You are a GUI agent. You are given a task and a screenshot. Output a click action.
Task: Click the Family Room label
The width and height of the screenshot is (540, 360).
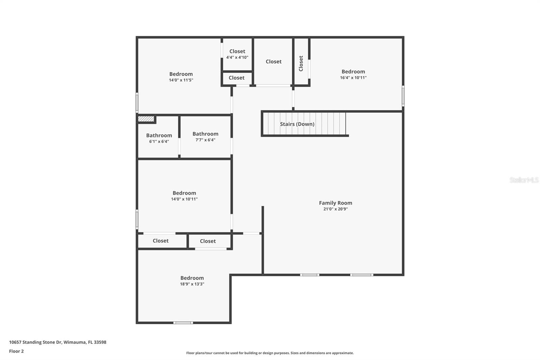pos(335,203)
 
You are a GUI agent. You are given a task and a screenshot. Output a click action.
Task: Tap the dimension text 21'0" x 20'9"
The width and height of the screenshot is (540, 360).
pos(335,209)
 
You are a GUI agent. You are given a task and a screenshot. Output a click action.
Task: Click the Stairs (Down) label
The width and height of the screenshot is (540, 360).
pos(297,124)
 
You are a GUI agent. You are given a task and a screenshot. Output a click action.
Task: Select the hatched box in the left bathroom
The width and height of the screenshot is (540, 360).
pos(146,119)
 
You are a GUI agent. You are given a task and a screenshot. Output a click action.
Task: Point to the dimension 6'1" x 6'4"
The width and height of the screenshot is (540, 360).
pos(159,142)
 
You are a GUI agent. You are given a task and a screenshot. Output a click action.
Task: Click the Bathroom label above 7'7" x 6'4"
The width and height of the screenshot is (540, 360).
pos(205,134)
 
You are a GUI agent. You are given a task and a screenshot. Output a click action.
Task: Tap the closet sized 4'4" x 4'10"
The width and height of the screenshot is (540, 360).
pos(237,54)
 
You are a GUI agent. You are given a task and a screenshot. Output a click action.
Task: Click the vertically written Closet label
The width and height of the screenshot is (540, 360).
pos(301,63)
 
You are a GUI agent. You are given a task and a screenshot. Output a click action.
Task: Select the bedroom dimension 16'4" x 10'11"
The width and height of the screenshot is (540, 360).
pos(353,78)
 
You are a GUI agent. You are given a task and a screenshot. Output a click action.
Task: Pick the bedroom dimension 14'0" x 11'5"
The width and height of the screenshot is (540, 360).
pos(181,80)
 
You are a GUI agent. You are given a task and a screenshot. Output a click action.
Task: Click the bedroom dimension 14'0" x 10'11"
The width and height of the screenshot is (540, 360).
pos(184,199)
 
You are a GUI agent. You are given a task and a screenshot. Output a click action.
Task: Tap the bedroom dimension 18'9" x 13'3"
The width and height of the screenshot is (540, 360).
pos(192,284)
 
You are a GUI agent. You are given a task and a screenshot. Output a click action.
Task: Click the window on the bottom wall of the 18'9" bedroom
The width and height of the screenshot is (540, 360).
pos(183,323)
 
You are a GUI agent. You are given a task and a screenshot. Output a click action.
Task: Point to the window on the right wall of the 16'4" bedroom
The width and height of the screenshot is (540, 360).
pos(403,96)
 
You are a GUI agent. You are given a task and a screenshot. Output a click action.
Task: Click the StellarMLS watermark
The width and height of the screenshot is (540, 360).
pos(524,180)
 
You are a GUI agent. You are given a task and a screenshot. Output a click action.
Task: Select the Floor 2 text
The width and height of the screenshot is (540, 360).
pos(16,351)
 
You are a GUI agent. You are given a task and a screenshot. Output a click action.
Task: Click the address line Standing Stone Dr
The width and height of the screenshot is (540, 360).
pos(57,342)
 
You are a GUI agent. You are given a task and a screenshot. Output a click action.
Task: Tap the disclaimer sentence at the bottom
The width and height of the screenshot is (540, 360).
pos(270,353)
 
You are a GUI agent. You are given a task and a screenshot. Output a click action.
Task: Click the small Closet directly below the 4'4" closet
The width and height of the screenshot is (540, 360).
pos(237,78)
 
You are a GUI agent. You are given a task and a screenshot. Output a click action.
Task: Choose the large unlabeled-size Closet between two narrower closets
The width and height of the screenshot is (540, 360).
pos(273,61)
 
